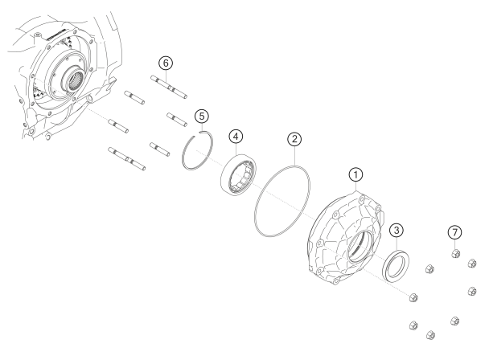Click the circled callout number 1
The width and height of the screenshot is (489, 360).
(355, 175)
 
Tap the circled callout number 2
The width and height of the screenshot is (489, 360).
(294, 139)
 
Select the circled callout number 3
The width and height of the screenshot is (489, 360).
(397, 231)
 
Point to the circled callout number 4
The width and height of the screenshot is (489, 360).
(236, 137)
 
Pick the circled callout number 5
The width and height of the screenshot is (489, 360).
(202, 117)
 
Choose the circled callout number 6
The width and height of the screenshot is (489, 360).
(166, 63)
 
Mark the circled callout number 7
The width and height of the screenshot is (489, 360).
(454, 232)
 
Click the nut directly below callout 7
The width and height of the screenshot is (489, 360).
(456, 253)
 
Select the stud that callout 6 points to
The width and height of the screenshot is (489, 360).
(169, 88)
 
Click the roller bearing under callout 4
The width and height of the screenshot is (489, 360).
(239, 176)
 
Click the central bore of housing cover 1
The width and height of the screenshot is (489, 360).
(360, 247)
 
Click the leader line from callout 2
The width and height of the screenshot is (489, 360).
(294, 156)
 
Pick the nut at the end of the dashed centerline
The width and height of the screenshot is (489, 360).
(413, 297)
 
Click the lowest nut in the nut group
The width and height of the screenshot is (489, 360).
(430, 335)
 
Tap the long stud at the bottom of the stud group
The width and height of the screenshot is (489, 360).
(126, 159)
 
